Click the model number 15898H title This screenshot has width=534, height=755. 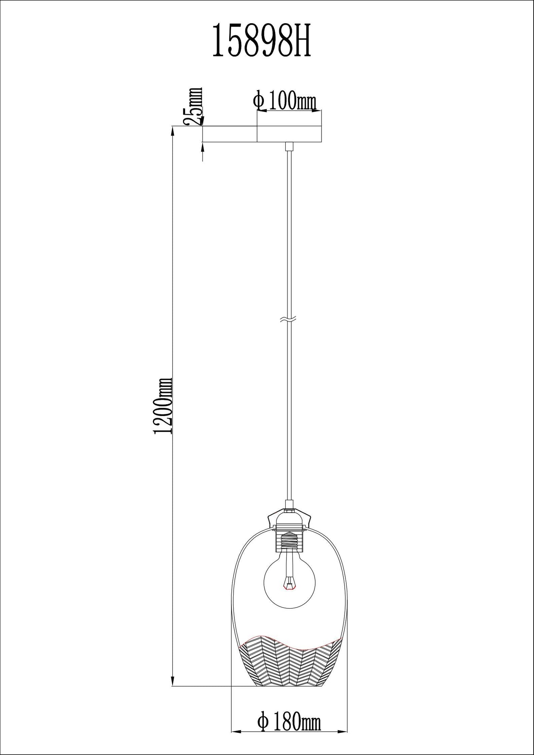point(262,41)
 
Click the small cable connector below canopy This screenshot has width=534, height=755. point(289,147)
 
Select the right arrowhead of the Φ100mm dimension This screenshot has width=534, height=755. point(317,110)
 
